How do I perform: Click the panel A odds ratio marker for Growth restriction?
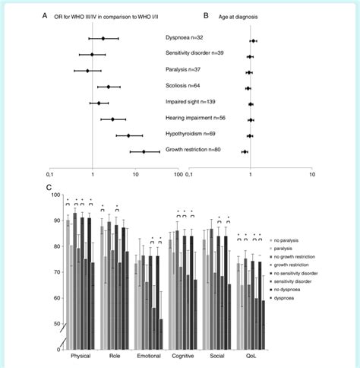point(144,151)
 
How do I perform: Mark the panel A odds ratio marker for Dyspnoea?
point(103,37)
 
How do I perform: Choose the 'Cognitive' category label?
point(182,357)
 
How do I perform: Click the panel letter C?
point(49,186)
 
